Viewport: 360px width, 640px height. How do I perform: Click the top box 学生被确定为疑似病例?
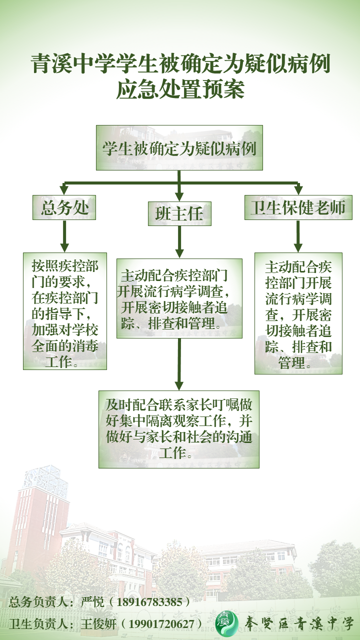click(x=179, y=147)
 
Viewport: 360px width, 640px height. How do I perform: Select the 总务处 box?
click(x=64, y=207)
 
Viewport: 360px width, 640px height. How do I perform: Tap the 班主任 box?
click(x=179, y=213)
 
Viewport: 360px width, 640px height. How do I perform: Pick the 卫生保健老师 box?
click(x=298, y=207)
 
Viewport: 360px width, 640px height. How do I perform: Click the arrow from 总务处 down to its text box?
click(x=64, y=236)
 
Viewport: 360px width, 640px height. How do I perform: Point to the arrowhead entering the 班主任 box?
click(x=179, y=196)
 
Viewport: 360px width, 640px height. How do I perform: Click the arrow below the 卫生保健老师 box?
click(x=298, y=236)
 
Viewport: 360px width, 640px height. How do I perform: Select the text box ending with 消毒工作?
click(x=65, y=311)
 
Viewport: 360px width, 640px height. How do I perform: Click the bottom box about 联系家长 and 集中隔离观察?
click(x=179, y=429)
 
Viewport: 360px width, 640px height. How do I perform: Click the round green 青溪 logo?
click(x=226, y=622)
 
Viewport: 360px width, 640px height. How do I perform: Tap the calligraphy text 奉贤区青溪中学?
click(x=298, y=623)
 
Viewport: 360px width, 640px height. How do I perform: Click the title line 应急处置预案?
click(x=180, y=90)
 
